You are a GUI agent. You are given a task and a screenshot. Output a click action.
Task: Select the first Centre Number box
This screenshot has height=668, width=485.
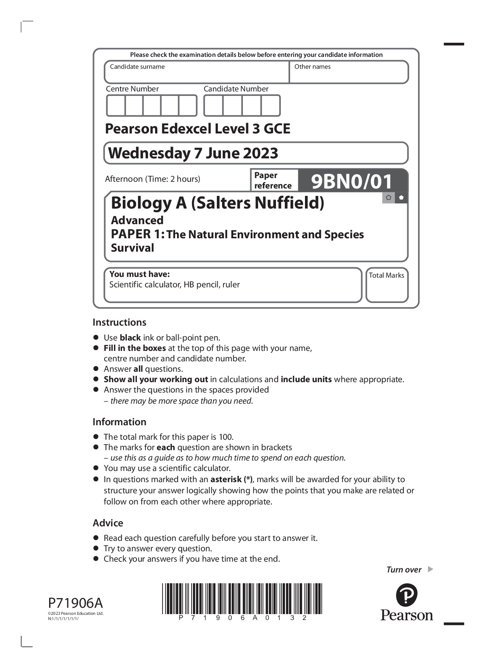[x=116, y=106]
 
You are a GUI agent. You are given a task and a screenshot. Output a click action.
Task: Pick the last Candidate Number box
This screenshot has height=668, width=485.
[x=270, y=106]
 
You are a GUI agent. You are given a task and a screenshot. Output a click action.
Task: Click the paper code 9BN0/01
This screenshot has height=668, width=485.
[x=351, y=181]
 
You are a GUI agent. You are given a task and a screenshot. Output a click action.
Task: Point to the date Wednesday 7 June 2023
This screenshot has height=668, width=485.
[x=193, y=153]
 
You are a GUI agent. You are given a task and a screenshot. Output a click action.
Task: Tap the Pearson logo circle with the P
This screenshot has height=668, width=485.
[x=407, y=595]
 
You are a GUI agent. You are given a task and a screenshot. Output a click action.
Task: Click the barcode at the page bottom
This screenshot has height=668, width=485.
[x=242, y=598]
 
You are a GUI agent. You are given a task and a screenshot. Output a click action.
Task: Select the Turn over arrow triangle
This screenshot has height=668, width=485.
[x=430, y=569]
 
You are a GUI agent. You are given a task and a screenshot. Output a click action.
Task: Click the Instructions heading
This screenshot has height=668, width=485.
[x=119, y=322]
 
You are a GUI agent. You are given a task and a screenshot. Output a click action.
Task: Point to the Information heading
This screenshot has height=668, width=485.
[x=119, y=422]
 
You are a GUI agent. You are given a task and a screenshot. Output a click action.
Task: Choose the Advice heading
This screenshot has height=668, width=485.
[x=108, y=523]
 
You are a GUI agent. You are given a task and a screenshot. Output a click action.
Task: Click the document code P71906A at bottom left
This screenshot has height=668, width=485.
[x=76, y=603]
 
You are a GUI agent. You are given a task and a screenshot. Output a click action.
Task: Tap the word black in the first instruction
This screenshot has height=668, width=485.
[x=130, y=338]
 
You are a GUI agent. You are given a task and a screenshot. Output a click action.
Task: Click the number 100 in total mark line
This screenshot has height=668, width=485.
[x=225, y=437]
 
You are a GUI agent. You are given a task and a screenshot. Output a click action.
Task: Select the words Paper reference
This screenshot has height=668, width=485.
[x=273, y=180]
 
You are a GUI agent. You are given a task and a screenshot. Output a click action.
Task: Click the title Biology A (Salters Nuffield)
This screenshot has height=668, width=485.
[x=218, y=203]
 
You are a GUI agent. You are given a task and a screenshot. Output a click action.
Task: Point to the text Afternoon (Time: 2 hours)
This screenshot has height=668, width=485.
[x=152, y=179]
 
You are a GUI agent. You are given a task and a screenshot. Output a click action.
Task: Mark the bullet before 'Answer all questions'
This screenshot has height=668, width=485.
[x=96, y=369]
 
